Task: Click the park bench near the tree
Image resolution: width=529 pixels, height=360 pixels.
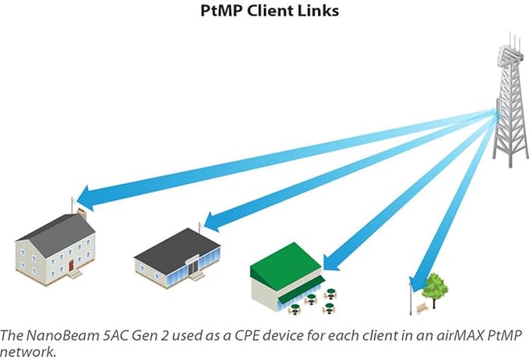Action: [421, 309]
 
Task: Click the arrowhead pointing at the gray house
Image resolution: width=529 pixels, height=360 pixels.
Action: [90, 199]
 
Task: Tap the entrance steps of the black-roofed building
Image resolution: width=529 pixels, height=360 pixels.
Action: [199, 276]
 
